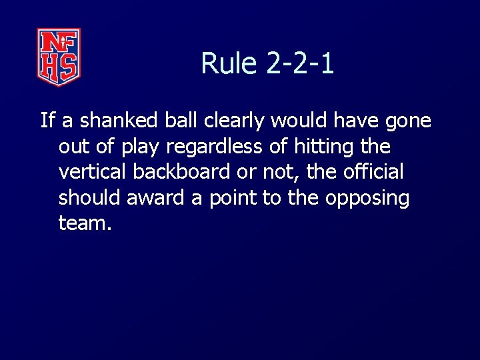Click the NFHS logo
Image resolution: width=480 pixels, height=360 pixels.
(x=59, y=57)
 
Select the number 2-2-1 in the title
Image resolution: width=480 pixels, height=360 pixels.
(x=300, y=64)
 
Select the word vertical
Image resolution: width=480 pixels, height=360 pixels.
(x=93, y=172)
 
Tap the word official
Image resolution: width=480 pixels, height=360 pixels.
(x=373, y=172)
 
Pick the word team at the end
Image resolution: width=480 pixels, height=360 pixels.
(x=85, y=223)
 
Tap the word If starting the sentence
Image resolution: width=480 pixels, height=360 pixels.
(x=47, y=121)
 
